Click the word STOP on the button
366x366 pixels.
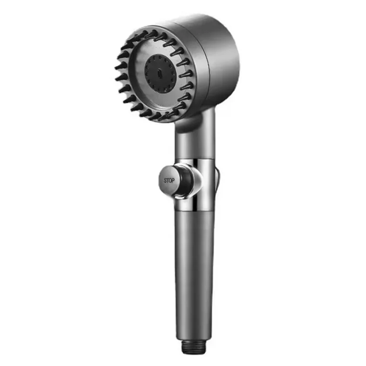[x=169, y=181]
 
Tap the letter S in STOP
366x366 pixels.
[x=165, y=181]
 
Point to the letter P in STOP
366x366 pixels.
[x=173, y=181]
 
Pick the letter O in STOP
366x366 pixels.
[x=170, y=181]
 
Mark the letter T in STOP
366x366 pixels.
[x=167, y=181]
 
